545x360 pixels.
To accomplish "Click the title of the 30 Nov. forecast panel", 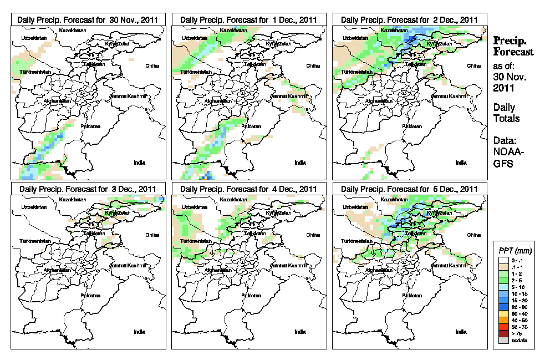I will [x=88, y=19].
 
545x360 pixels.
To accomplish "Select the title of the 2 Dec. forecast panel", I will [x=409, y=19].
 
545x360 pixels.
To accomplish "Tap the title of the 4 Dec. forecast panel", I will [x=249, y=189].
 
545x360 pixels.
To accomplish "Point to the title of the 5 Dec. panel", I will [x=409, y=189].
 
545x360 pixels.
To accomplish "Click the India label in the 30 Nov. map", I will [x=139, y=162].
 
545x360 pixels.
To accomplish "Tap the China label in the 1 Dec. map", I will [x=313, y=65].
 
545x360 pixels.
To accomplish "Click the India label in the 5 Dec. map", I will [x=461, y=332].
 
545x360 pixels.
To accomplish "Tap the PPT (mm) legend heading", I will [x=513, y=249].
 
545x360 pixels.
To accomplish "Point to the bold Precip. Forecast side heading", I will [x=513, y=47].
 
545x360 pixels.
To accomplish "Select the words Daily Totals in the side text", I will [x=506, y=113].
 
